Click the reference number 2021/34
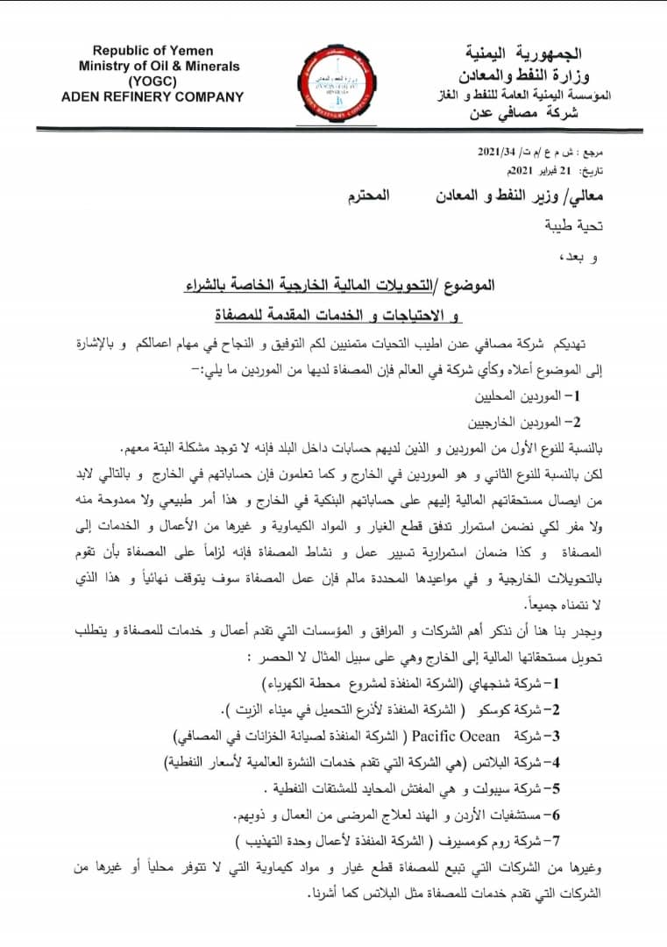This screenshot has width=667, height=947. click(x=496, y=152)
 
